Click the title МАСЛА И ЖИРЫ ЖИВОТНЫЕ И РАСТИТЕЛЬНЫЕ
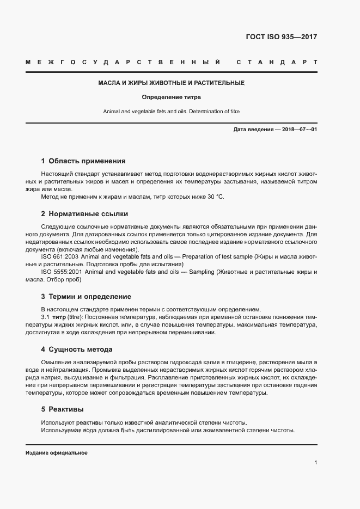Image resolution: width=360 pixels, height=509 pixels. [171, 83]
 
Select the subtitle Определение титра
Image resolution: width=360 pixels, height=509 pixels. [171, 97]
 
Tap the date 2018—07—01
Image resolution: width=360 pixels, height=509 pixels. [298, 130]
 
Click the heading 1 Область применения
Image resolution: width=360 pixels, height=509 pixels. [83, 161]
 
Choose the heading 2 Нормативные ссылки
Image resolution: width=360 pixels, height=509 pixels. [84, 214]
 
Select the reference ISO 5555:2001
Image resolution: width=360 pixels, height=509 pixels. [62, 272]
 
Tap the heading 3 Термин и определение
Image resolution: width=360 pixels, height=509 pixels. [86, 297]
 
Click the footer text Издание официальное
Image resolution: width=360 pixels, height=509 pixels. [57, 453]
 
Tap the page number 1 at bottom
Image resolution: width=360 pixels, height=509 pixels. [315, 462]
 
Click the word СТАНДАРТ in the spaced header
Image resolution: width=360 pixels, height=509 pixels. [277, 62]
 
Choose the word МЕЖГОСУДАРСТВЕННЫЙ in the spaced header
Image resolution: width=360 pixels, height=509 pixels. [123, 62]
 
